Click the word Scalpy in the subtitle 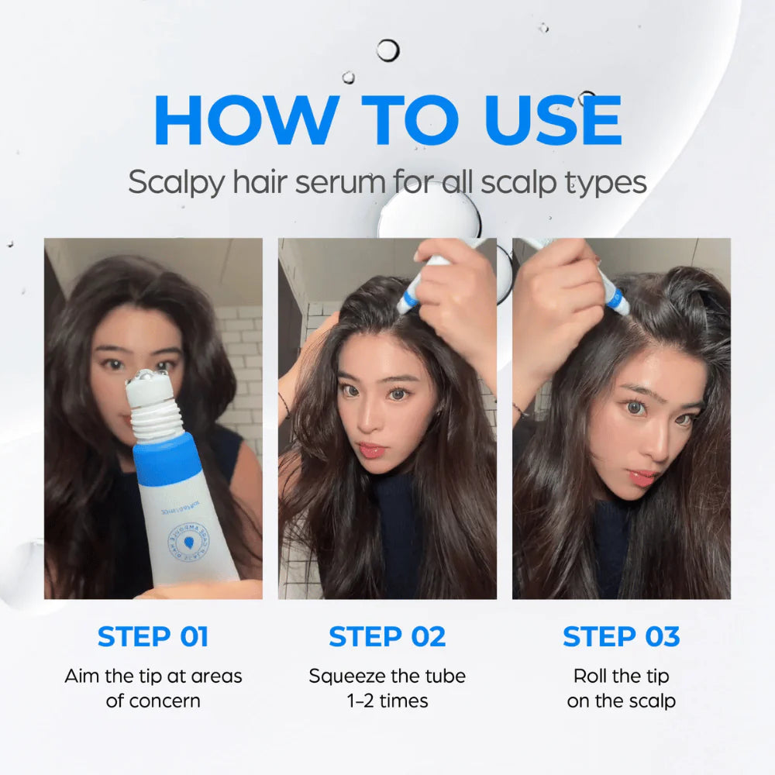point(173,184)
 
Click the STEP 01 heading point(153,636)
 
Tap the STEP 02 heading point(387,636)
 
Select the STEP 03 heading point(621,636)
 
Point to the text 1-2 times point(387,701)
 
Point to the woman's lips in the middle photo point(371,450)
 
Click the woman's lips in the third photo point(642,476)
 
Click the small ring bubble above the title point(387,50)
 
